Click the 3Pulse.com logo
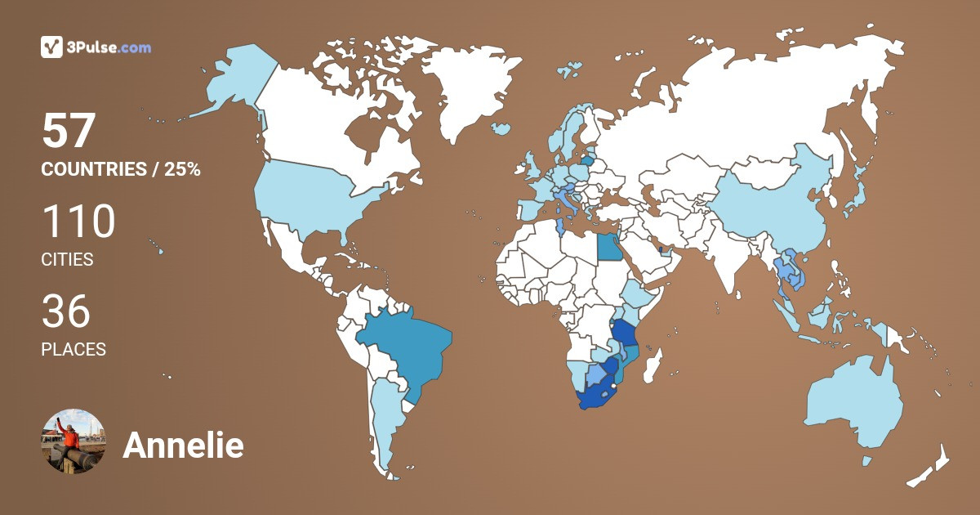point(96,47)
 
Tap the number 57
point(69,131)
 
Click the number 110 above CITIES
point(78,222)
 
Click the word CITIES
point(67,260)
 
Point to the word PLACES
point(73,349)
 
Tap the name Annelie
point(183,446)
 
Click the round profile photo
point(73,441)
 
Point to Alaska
point(233,82)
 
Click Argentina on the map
point(384,417)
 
